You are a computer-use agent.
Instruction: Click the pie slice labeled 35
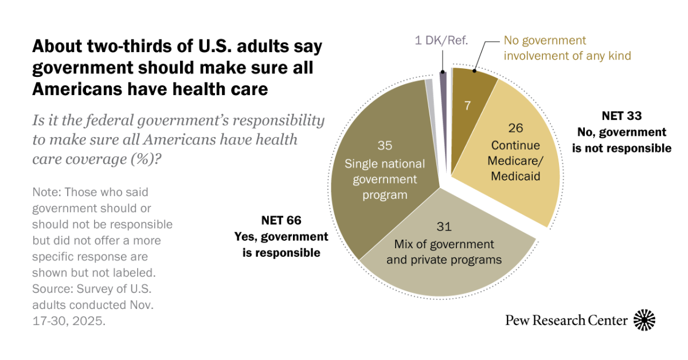pyautogui.click(x=384, y=172)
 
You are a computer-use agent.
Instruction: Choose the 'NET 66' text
pyautogui.click(x=281, y=221)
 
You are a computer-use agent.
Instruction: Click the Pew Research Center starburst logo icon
pyautogui.click(x=644, y=320)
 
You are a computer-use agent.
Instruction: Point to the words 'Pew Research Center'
pyautogui.click(x=566, y=320)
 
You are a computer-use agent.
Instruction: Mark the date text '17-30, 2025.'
pyautogui.click(x=69, y=321)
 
